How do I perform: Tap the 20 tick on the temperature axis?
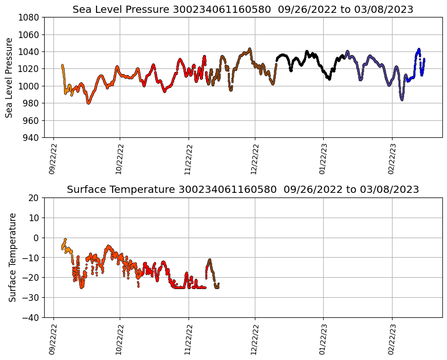coord(34,198)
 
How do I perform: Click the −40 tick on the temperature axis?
coord(32,317)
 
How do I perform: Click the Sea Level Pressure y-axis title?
coord(9,77)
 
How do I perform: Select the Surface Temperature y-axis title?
coord(13,257)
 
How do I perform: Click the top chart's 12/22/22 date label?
coord(254,159)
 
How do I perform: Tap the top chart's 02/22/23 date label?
coord(392,159)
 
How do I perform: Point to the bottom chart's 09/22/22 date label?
coord(52,339)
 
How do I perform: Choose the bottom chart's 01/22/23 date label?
coord(323,339)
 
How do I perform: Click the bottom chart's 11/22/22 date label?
coord(188,339)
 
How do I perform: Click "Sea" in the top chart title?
coord(81,10)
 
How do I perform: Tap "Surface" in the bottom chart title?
coord(86,190)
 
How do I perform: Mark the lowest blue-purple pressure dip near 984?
coord(402,99)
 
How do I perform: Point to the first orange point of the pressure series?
coord(62,65)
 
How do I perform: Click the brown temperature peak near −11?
coord(210,260)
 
